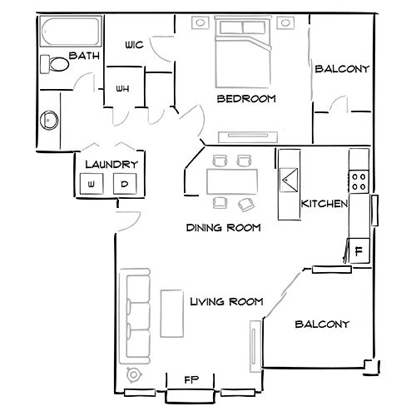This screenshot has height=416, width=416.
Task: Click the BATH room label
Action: pos(85,56)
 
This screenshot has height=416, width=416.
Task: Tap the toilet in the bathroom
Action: pos(57,64)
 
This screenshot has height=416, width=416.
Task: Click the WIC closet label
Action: pos(135,45)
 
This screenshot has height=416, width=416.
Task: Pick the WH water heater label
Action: pos(122,89)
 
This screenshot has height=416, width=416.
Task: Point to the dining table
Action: pos(231,180)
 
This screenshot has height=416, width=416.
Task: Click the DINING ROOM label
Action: pos(223,227)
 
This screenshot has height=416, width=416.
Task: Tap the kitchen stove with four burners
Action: pos(359,181)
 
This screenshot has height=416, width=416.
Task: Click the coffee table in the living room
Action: pos(172,313)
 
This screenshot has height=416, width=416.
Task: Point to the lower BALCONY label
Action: pos(322,324)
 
